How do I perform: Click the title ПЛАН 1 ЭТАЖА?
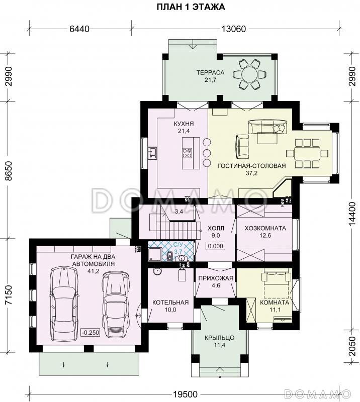pos(191,7)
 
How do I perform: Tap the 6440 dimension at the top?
pos(79,29)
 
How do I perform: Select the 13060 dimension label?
pos(233,29)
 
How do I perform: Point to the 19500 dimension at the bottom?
pos(185,394)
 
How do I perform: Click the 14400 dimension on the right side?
pos(352,214)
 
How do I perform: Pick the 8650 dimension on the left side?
pos(9,171)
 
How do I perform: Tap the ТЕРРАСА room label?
pos(210,72)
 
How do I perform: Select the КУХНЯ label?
pos(184,124)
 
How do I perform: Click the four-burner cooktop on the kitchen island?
pos(187,153)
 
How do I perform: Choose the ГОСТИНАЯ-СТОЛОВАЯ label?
pos(251,166)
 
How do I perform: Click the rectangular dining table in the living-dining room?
pos(307,154)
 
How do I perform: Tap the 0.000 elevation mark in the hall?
pos(216,246)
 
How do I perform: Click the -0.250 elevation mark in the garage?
pos(91,333)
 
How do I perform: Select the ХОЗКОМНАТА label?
pos(265,228)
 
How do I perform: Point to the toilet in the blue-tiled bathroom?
pos(169,256)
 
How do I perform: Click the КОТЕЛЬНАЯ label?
pos(170,303)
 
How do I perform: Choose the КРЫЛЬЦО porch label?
pos(219,338)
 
